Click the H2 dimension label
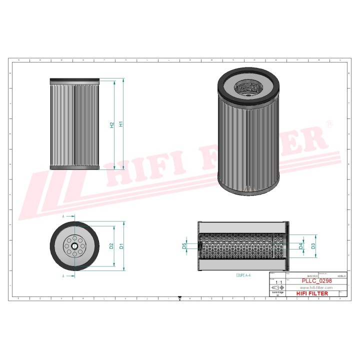(x=112, y=125)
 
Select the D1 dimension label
(x=121, y=246)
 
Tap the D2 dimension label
(x=111, y=246)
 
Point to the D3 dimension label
(x=313, y=246)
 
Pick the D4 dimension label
(x=300, y=246)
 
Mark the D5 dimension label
(x=184, y=246)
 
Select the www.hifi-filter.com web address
(x=316, y=288)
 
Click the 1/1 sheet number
(x=278, y=282)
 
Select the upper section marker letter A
(x=63, y=216)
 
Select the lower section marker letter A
(x=63, y=275)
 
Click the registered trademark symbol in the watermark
(x=328, y=123)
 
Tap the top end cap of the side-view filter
(x=75, y=81)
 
